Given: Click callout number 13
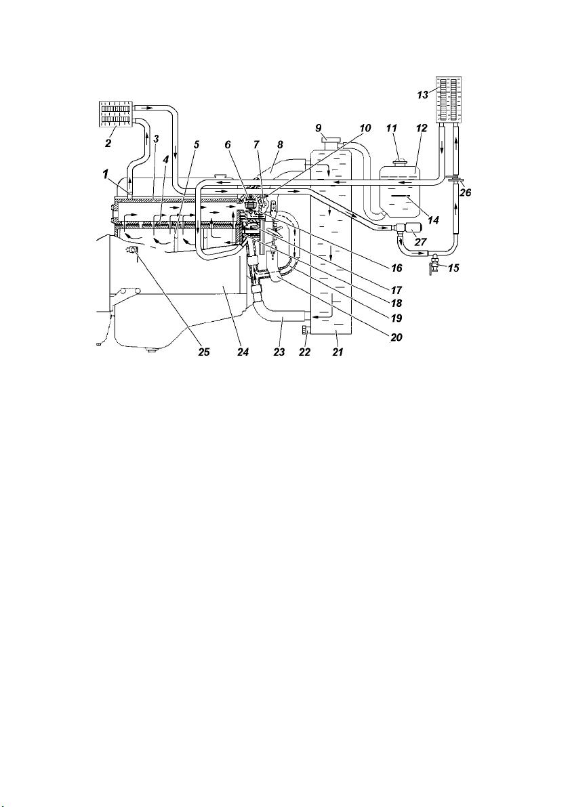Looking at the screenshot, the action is (x=423, y=95).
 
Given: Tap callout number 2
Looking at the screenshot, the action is (x=108, y=143).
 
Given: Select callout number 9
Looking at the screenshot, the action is (x=319, y=127).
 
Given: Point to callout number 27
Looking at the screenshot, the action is (x=421, y=241).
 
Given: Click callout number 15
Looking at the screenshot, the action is (x=453, y=268).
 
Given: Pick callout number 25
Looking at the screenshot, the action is (x=204, y=352).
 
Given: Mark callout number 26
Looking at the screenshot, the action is (x=465, y=194).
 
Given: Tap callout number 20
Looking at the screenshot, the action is (x=396, y=337).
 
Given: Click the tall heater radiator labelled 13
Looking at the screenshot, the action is (x=449, y=100).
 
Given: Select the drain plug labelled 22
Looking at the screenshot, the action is (x=306, y=330).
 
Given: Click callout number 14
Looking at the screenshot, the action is (x=433, y=220).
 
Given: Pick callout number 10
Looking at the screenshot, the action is (x=365, y=127).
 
